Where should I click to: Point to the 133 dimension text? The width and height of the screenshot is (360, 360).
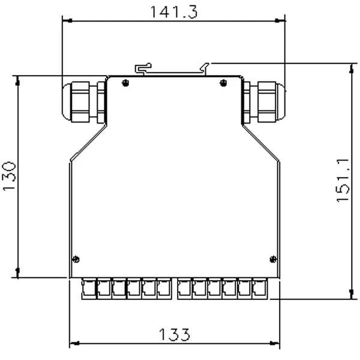[174, 334]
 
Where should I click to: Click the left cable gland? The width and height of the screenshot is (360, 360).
[84, 102]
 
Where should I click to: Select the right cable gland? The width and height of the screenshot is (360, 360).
[264, 102]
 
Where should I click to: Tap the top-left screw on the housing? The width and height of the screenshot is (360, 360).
[125, 83]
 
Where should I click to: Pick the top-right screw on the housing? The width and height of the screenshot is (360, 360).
[223, 83]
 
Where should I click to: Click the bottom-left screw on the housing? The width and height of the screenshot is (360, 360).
[76, 259]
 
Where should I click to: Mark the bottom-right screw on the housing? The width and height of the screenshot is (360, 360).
[274, 259]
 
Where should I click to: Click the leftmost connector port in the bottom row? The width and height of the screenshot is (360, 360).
[88, 289]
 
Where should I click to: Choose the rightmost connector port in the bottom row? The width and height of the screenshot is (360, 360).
[259, 289]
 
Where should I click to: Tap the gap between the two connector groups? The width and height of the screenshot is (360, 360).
[174, 289]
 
